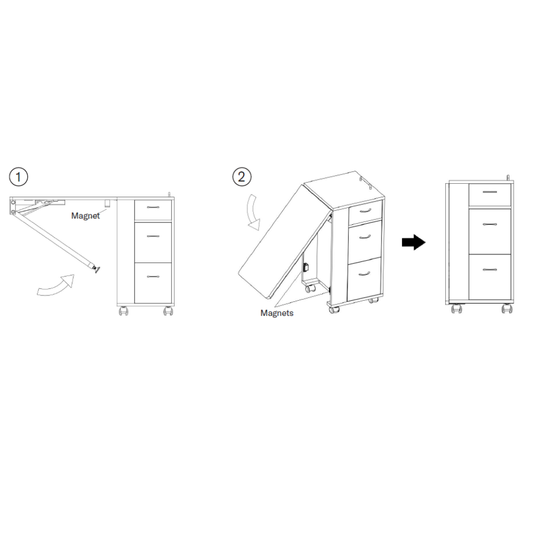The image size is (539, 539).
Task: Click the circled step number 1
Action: pos(18,177)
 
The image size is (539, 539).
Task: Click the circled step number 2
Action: pos(241,177)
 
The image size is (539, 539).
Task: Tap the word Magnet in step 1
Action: pos(85,216)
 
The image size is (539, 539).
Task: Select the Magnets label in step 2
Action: pos(277,313)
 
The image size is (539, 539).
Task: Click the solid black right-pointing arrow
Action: pos(413,243)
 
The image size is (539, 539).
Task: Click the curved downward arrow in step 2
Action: pos(254,212)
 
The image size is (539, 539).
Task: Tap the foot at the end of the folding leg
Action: pos(95,269)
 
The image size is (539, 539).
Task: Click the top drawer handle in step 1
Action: pos(153,208)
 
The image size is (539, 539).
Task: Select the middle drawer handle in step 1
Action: pos(153,236)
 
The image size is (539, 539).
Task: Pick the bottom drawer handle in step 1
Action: pos(153,277)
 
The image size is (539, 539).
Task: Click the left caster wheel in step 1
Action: pos(123,311)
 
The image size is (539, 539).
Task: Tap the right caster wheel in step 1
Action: pos(168,311)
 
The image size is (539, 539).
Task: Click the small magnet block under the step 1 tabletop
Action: pos(107,203)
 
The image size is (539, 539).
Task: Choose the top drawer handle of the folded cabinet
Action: pos(489,192)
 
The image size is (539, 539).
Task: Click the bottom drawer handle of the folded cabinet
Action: pos(489,269)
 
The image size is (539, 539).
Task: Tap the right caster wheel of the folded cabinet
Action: pos(507,309)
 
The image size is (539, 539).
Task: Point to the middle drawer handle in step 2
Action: pos(365,237)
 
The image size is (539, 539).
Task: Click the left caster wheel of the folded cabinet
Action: pos(457,309)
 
